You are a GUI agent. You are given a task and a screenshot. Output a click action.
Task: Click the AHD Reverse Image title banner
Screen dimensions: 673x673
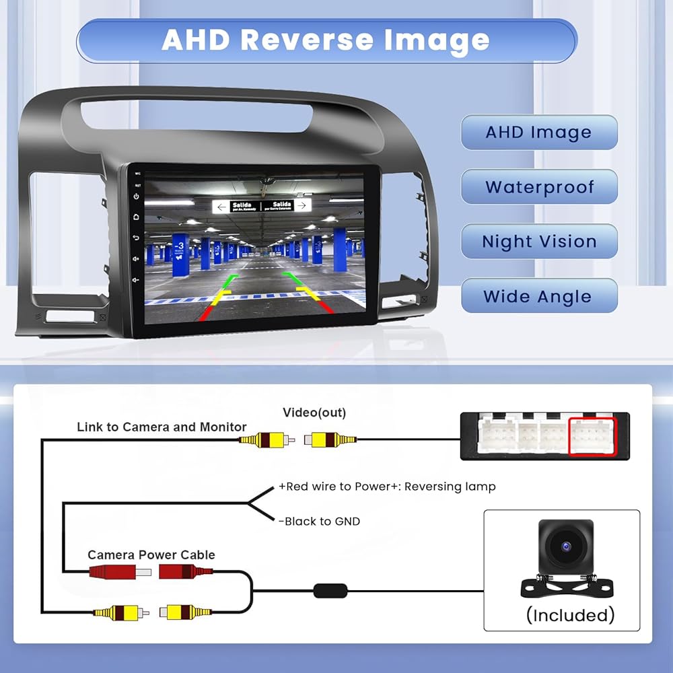coord(326,40)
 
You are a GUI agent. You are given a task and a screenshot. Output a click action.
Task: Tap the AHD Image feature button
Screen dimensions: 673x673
coord(538,133)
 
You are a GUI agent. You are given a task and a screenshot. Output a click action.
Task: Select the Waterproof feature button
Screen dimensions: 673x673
coord(538,186)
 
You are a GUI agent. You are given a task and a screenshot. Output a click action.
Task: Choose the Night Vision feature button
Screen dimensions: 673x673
coord(538,242)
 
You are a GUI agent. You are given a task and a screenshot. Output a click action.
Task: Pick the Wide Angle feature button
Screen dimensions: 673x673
coord(538,296)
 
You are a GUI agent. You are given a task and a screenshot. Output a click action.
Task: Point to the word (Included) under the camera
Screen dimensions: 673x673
coord(570,614)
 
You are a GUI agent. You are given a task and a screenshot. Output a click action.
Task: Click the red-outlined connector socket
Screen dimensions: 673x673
coord(593,437)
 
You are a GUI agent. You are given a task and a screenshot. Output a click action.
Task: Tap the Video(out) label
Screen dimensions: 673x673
coord(314,413)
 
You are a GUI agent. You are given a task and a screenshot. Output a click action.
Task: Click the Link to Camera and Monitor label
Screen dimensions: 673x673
coord(162,427)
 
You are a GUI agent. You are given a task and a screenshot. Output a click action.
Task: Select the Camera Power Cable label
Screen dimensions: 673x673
coord(151,555)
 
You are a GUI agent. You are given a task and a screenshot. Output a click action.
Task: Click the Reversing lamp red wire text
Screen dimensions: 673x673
coord(387,487)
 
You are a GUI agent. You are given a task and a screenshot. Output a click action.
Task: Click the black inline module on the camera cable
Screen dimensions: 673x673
coord(330,592)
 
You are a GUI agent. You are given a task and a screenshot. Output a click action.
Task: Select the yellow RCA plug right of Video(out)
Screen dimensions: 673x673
coord(329,440)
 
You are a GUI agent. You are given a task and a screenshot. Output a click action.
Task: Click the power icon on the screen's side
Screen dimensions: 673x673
coord(136,197)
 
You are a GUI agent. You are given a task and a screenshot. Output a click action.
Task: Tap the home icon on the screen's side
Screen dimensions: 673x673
coord(136,217)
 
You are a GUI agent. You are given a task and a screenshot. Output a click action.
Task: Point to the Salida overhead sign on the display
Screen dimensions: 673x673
coord(262,206)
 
